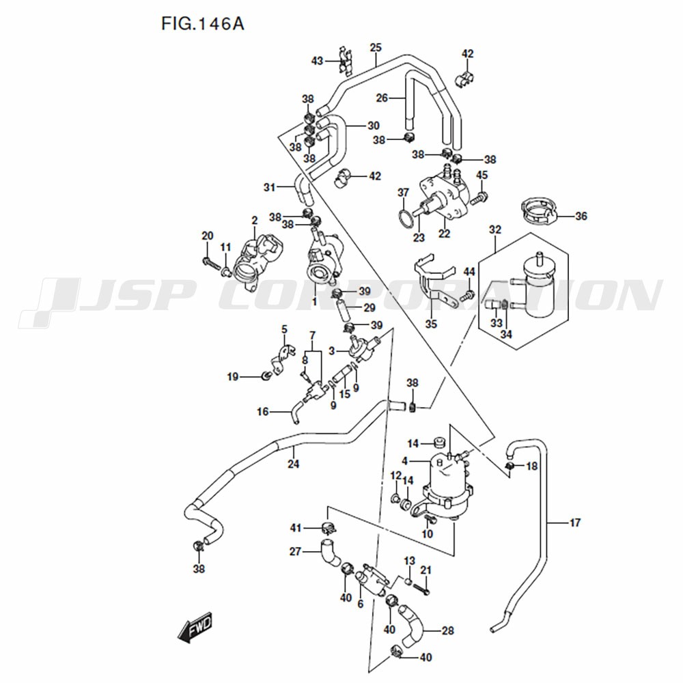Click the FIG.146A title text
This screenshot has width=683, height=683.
[203, 24]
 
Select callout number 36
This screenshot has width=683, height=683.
[581, 216]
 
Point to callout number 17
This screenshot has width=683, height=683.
[575, 522]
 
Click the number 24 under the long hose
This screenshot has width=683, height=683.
[293, 464]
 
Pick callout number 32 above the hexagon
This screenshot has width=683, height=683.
[495, 229]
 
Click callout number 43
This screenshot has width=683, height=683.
[317, 61]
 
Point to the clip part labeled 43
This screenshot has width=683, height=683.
[346, 61]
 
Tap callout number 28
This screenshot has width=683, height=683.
[447, 630]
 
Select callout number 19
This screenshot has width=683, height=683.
[233, 376]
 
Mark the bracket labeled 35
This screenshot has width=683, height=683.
[434, 281]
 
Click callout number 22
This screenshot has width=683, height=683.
[444, 234]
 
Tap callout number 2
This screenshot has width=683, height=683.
[254, 221]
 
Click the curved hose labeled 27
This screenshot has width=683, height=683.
[331, 553]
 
